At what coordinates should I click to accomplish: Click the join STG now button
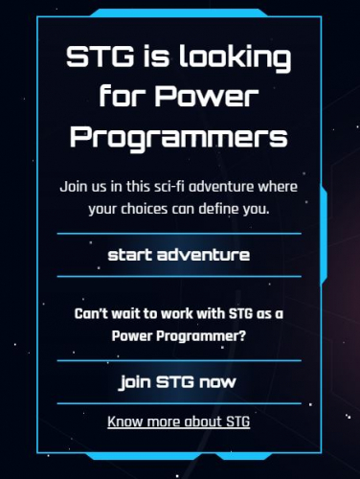(179, 383)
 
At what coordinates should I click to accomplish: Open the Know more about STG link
(179, 422)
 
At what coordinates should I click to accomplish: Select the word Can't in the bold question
(90, 315)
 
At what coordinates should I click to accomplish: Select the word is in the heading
(146, 59)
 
